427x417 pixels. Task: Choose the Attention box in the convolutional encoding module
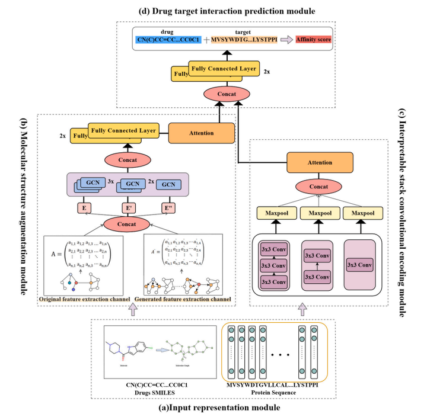(x=320, y=162)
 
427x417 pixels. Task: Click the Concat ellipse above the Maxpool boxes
(x=320, y=187)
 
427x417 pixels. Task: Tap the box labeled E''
(x=170, y=208)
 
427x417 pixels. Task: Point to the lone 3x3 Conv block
(x=360, y=264)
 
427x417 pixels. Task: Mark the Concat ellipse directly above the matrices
(x=126, y=224)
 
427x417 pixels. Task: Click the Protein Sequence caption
(x=273, y=392)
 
